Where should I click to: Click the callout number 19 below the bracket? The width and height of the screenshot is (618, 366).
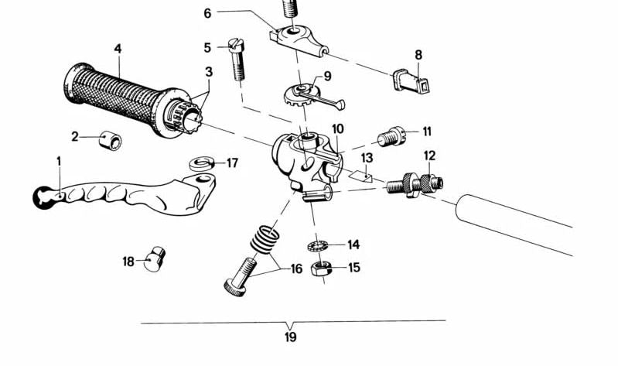[x=290, y=337]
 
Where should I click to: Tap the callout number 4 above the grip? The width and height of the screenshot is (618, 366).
[x=118, y=49]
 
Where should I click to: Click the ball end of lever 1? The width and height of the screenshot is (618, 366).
[x=43, y=198]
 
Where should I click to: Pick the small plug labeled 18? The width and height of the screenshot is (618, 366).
[x=158, y=258]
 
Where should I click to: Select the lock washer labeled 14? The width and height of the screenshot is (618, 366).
[x=317, y=245]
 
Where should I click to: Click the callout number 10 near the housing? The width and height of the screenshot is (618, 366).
[x=338, y=129]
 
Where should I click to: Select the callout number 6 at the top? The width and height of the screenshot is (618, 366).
[x=207, y=13]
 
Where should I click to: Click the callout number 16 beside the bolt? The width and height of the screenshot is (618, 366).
[x=295, y=269]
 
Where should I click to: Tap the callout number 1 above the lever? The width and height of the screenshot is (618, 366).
[x=57, y=160]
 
